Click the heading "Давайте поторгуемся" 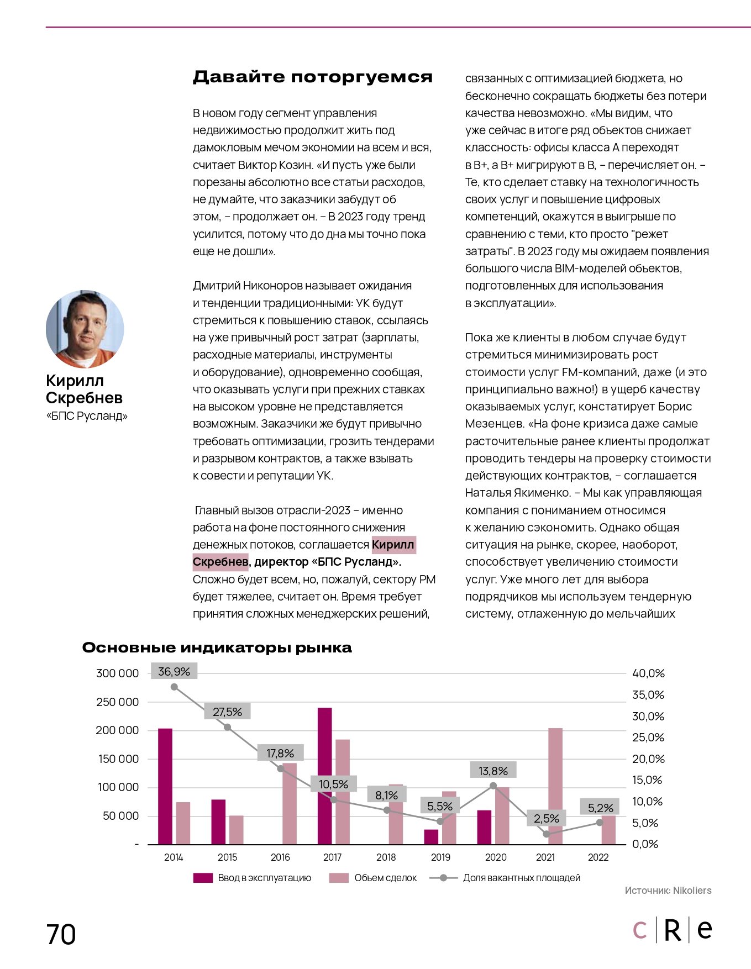tap(312, 77)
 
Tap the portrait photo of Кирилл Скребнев tap(85, 329)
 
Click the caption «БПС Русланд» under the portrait tap(87, 416)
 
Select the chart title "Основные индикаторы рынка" tap(217, 647)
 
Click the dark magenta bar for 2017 tap(325, 776)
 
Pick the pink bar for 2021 tap(555, 786)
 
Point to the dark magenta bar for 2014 tap(165, 786)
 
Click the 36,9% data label tap(174, 672)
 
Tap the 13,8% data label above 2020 tap(493, 771)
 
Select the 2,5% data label tap(547, 818)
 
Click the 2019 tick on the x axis tap(440, 857)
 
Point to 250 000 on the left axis tap(117, 702)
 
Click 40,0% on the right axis tap(648, 673)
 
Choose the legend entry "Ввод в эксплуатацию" tap(264, 878)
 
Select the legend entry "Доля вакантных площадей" tap(521, 878)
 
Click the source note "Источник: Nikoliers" tap(668, 891)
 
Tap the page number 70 tap(61, 935)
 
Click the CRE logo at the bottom tap(672, 930)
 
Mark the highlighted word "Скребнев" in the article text tap(220, 562)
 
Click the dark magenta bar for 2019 tap(431, 836)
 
